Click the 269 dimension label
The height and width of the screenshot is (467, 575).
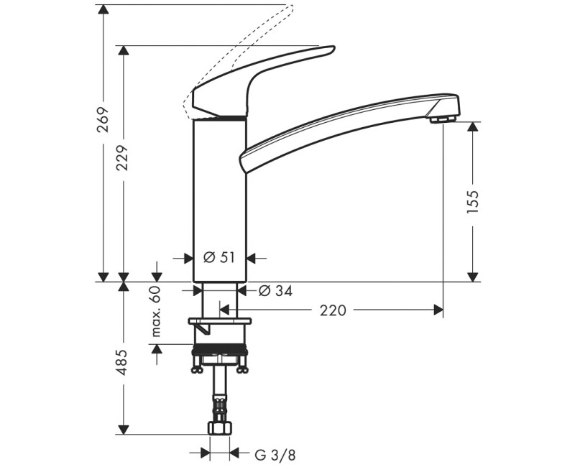pos(103,121)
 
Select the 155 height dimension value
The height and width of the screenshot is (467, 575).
pos(472,203)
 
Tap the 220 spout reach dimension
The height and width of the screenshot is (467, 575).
pos(333,310)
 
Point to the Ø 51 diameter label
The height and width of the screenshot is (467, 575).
pos(219,258)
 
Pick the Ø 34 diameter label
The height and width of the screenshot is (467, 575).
pos(274,290)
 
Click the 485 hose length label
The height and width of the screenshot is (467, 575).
pos(123,362)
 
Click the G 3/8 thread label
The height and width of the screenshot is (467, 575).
pos(275,454)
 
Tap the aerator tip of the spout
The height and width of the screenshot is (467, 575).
pos(444,118)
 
